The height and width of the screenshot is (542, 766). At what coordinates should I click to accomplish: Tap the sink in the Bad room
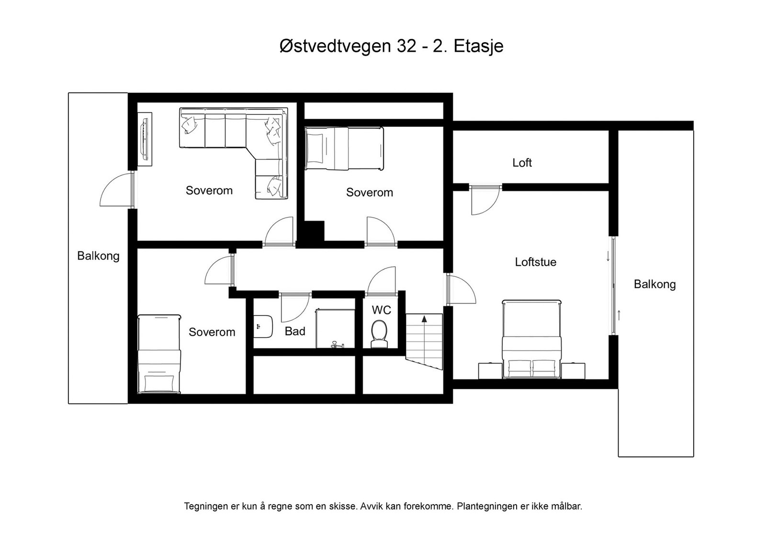point(264,326)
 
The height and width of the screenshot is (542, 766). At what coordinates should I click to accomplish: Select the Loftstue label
point(535,262)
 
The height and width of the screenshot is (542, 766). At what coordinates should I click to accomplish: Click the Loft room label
point(522,163)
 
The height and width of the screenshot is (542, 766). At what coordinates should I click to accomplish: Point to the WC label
point(381,310)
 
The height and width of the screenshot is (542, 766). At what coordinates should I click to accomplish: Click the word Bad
point(295,331)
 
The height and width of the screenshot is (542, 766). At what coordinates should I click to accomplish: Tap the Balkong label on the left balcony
point(98,256)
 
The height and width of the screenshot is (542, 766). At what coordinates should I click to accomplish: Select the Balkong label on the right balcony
point(654,284)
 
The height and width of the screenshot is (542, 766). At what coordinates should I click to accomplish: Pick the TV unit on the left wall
point(145,139)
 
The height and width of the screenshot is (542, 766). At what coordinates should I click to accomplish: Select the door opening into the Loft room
point(484,200)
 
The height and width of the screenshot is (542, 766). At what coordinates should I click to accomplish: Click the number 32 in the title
point(406,46)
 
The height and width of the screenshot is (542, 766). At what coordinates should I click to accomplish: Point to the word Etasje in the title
point(478,46)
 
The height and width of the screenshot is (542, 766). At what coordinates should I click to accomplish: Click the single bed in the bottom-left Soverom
point(159,354)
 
